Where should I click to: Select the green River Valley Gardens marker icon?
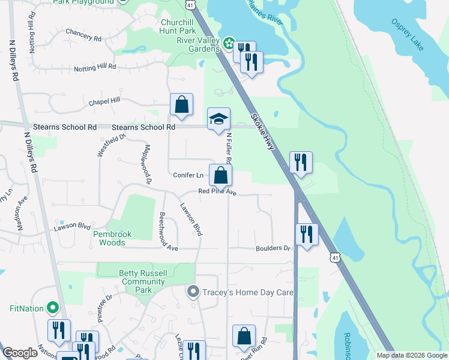228,43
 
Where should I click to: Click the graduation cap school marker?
219,118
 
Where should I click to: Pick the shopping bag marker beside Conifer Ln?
221,175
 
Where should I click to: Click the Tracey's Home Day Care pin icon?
192,292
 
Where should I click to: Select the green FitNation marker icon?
53,308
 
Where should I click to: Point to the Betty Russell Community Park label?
143,281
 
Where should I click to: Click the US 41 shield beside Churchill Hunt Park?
190,5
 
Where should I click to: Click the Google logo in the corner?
20,353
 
